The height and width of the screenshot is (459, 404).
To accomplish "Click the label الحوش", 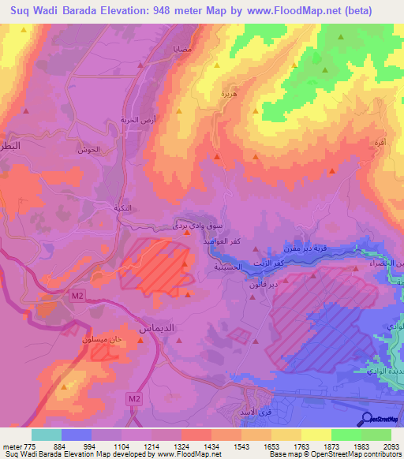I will [92, 149].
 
